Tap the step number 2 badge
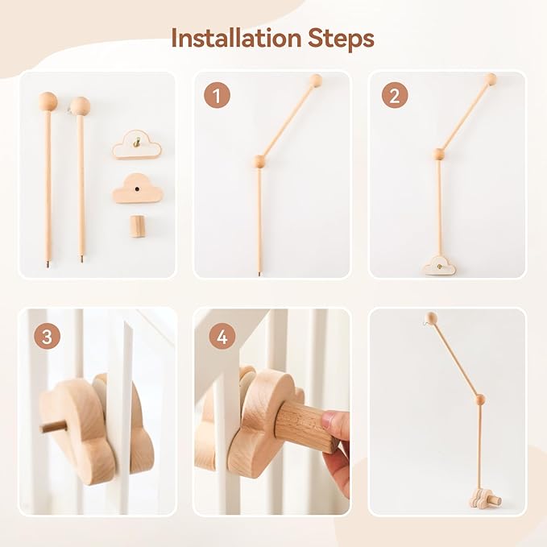point(394,96)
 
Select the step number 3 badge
point(47,336)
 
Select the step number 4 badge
point(222,336)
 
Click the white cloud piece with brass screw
point(137,147)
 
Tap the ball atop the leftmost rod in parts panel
point(48,102)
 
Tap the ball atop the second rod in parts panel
point(80,105)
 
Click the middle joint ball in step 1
point(259,161)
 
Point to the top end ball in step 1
point(317,80)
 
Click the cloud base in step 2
point(440,264)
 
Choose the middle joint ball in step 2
point(439,154)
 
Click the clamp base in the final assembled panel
point(482,499)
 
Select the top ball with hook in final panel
point(433,318)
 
